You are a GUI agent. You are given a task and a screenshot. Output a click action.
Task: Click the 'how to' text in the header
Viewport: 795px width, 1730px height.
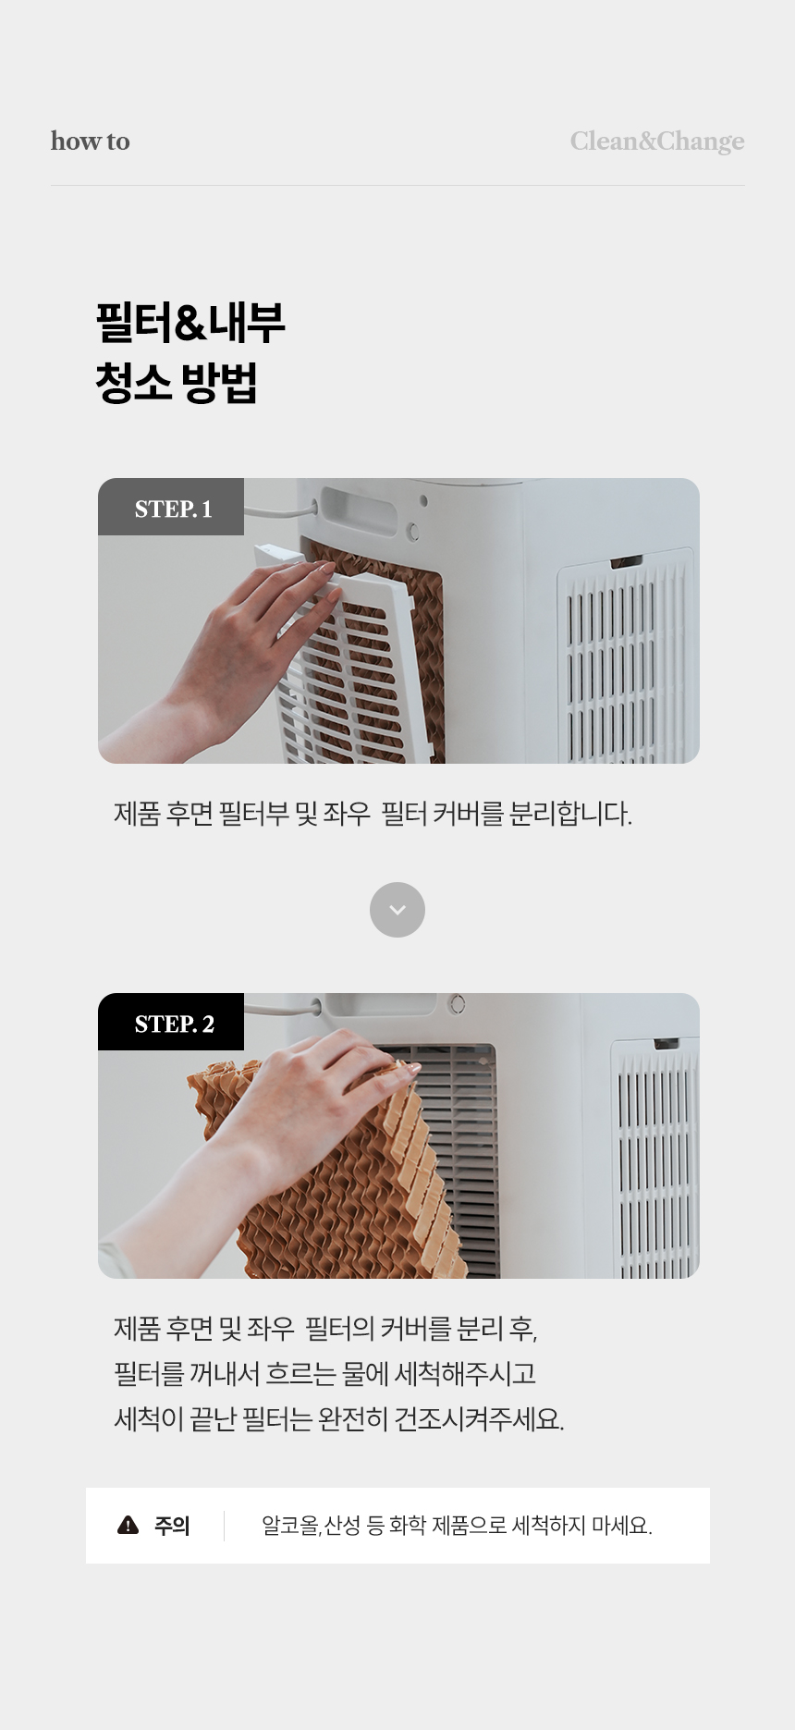90,141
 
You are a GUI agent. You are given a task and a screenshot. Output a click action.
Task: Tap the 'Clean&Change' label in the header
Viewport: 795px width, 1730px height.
656,141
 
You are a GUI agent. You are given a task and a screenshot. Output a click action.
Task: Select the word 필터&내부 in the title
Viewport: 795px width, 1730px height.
190,323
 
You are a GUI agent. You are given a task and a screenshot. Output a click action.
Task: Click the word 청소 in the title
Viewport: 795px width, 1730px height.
133,382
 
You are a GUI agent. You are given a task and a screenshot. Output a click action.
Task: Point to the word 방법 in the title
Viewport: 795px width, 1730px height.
220,382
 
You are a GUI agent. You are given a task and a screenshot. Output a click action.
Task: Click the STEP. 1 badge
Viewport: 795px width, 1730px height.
171,507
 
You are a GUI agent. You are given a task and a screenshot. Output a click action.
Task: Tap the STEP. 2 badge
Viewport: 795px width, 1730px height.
171,1022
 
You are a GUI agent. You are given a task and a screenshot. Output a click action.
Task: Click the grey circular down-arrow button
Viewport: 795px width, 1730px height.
397,910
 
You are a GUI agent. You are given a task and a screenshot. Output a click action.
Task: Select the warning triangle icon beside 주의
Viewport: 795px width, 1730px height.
128,1526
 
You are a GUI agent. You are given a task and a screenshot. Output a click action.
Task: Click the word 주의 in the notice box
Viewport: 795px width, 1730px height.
172,1526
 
